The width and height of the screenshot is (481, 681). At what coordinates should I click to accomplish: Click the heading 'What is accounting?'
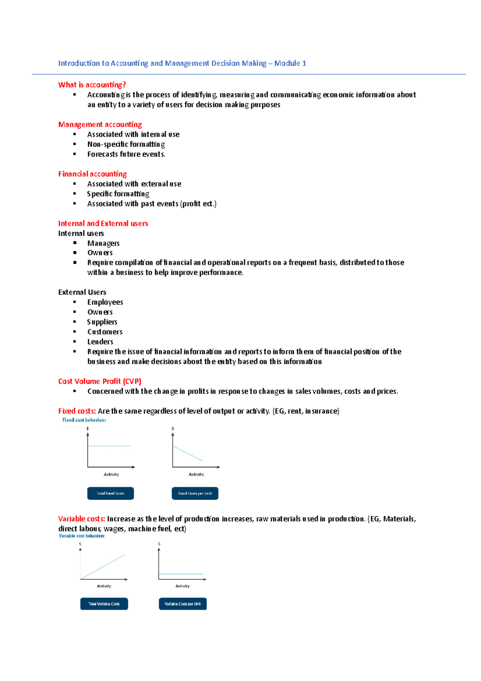pyautogui.click(x=92, y=85)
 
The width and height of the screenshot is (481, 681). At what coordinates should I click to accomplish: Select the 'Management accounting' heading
pyautogui.click(x=100, y=124)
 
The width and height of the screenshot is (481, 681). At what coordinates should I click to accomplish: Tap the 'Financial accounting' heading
pyautogui.click(x=92, y=174)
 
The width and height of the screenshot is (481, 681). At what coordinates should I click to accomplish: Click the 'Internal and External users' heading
pyautogui.click(x=103, y=223)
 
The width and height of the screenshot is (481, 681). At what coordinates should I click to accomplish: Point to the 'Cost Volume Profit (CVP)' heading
pyautogui.click(x=100, y=381)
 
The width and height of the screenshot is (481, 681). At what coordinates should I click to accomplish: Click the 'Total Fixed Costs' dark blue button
pyautogui.click(x=111, y=493)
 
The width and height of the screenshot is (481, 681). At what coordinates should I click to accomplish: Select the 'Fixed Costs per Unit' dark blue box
pyautogui.click(x=195, y=493)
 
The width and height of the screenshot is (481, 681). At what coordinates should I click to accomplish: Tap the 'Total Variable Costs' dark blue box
pyautogui.click(x=104, y=604)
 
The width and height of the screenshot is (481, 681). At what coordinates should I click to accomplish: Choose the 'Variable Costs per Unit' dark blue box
pyautogui.click(x=183, y=604)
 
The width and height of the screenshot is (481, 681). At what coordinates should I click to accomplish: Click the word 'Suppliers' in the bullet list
pyautogui.click(x=102, y=322)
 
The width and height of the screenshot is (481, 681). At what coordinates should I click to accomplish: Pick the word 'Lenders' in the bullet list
pyautogui.click(x=100, y=342)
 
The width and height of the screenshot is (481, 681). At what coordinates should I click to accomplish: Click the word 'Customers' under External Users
pyautogui.click(x=105, y=332)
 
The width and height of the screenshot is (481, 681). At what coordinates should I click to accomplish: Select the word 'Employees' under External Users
pyautogui.click(x=105, y=302)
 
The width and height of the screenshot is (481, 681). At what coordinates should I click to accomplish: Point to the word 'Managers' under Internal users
pyautogui.click(x=103, y=243)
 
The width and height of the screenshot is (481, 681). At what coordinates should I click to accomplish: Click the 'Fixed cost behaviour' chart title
pyautogui.click(x=84, y=420)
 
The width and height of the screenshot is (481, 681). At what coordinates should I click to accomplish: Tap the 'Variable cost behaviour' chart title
pyautogui.click(x=82, y=536)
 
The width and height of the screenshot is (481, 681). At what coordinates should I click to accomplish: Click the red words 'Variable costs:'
pyautogui.click(x=82, y=519)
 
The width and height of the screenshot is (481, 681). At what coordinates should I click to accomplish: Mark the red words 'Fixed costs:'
pyautogui.click(x=77, y=411)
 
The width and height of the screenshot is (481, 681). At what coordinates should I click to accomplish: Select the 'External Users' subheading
pyautogui.click(x=82, y=292)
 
